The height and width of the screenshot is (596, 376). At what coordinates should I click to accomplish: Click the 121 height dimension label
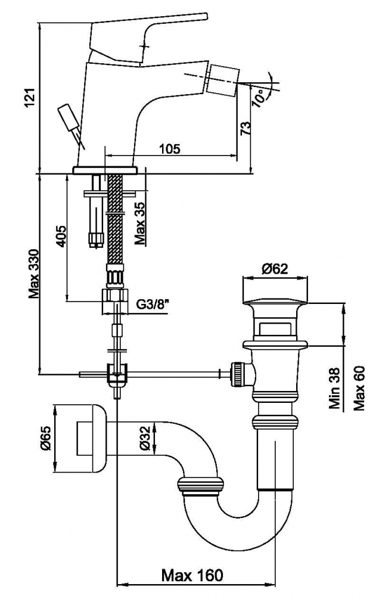[30, 98]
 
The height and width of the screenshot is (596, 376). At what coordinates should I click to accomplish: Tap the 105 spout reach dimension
[169, 148]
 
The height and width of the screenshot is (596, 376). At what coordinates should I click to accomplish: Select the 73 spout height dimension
[246, 129]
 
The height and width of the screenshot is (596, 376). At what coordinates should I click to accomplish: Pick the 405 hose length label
[61, 237]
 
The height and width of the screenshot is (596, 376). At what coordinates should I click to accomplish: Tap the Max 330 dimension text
[33, 274]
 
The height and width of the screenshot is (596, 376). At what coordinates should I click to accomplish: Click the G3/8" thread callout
[152, 305]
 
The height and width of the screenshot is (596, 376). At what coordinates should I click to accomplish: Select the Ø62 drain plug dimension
[275, 269]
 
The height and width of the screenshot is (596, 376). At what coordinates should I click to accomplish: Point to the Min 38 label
[334, 388]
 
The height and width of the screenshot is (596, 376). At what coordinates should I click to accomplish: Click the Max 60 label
[359, 388]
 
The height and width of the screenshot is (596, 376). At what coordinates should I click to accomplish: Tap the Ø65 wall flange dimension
[46, 439]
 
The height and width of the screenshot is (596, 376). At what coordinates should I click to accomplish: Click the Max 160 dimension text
[192, 576]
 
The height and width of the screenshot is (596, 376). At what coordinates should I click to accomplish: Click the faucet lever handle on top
[148, 37]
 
